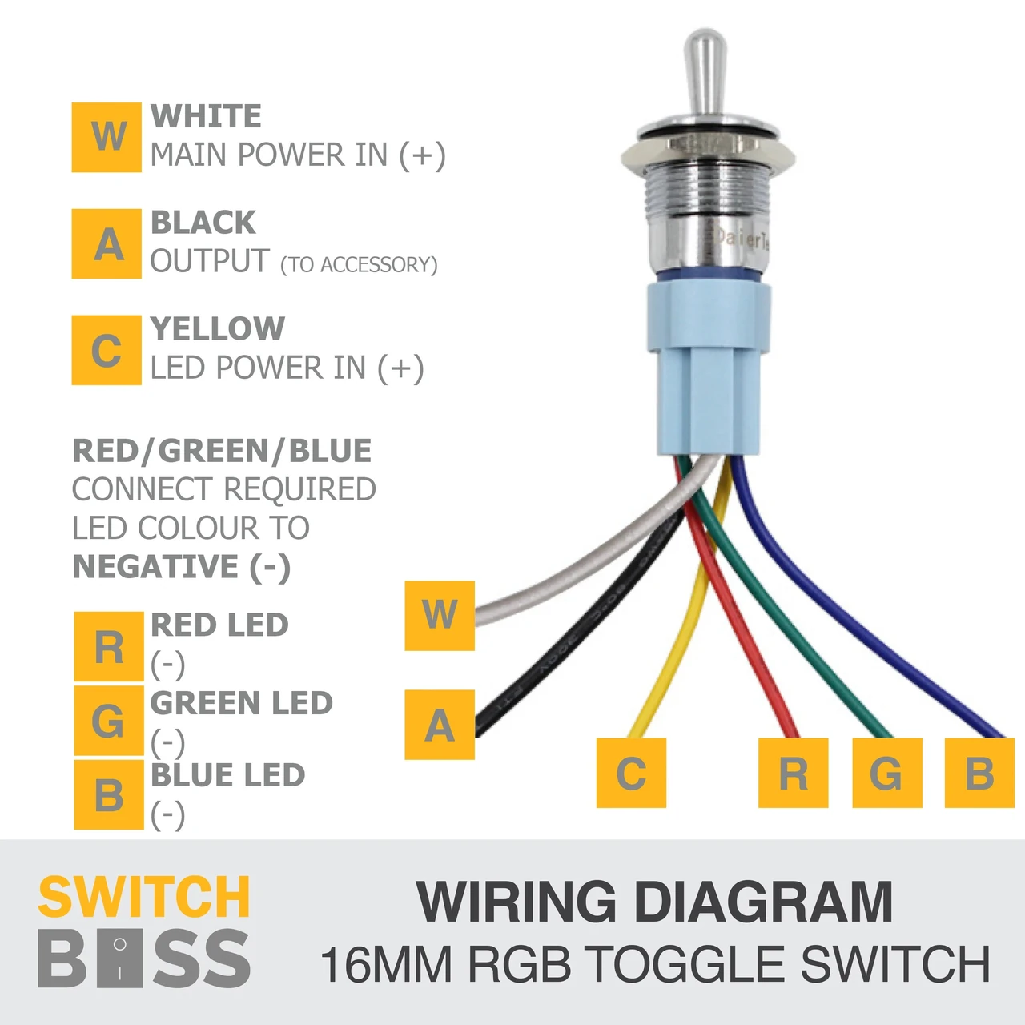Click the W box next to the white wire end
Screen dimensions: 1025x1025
pyautogui.click(x=440, y=616)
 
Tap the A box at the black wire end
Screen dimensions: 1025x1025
pyautogui.click(x=440, y=725)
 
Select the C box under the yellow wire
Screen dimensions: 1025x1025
pyautogui.click(x=631, y=772)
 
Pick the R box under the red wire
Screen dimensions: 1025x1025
pyautogui.click(x=793, y=772)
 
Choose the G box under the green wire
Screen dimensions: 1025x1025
pyautogui.click(x=887, y=772)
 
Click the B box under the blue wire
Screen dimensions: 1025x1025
pyautogui.click(x=980, y=772)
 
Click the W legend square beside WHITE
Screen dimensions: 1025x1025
pyautogui.click(x=107, y=137)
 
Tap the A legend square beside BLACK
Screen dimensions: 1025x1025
pyautogui.click(x=107, y=243)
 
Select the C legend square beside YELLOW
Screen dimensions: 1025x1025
pyautogui.click(x=107, y=350)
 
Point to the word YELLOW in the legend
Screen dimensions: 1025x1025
pyautogui.click(x=218, y=329)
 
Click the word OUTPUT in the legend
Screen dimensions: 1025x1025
pyautogui.click(x=210, y=261)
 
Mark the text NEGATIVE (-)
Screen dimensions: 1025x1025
pyautogui.click(x=182, y=567)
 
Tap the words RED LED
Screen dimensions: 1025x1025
pyautogui.click(x=219, y=625)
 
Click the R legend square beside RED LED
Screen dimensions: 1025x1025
pyautogui.click(x=109, y=647)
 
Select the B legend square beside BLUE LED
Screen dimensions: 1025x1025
pyautogui.click(x=109, y=794)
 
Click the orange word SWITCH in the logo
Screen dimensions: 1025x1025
pyautogui.click(x=143, y=897)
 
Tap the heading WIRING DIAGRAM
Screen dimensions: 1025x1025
pyautogui.click(x=655, y=902)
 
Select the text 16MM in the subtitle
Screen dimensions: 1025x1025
pyautogui.click(x=386, y=964)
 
